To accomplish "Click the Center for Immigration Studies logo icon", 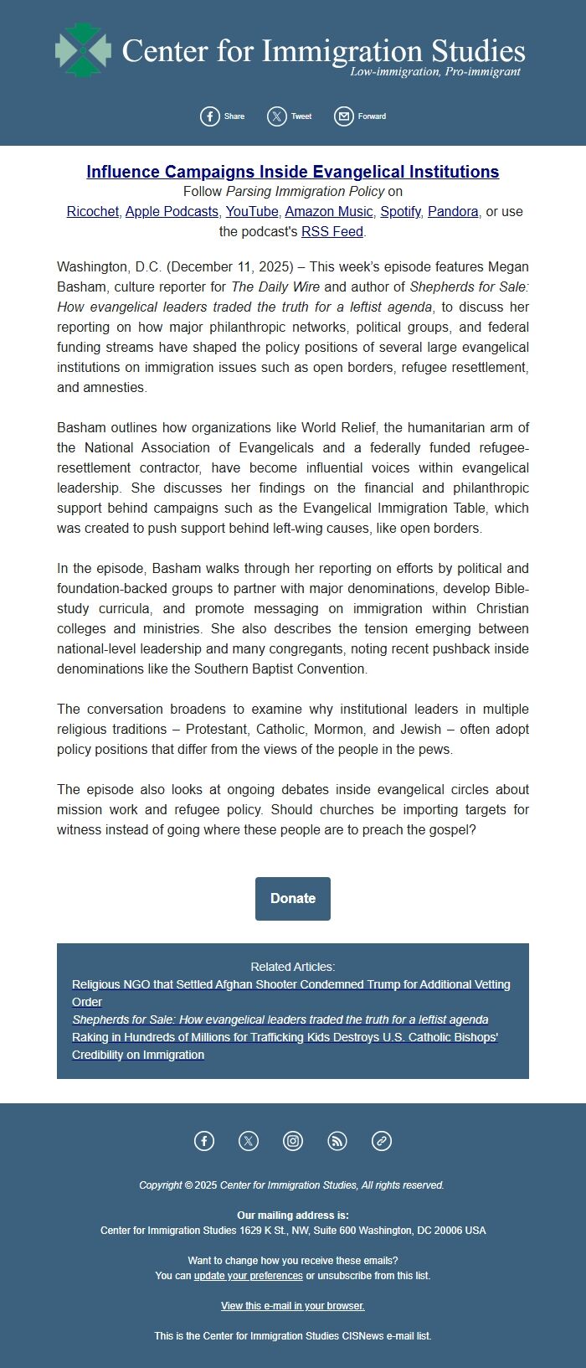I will [x=83, y=50].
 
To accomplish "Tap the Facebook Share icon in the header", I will [x=210, y=116].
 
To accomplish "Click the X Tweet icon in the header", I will [x=277, y=116].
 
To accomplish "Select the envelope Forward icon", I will [x=344, y=116].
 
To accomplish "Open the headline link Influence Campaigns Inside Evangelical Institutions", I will [x=293, y=172].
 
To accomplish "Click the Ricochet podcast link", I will [x=92, y=211].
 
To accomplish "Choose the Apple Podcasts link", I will [x=172, y=211].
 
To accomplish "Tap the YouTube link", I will [x=251, y=211].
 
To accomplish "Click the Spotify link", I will [x=400, y=211].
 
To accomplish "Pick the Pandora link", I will [x=453, y=211].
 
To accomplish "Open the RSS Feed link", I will [x=332, y=231].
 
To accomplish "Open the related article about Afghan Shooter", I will [x=290, y=984].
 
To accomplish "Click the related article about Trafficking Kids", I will [x=285, y=1037].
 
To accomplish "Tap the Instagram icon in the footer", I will [x=293, y=1141].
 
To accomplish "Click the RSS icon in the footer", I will [x=337, y=1141].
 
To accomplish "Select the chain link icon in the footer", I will [x=382, y=1141].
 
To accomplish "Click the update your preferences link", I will [x=249, y=1276].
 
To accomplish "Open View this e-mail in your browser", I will [x=293, y=1306].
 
